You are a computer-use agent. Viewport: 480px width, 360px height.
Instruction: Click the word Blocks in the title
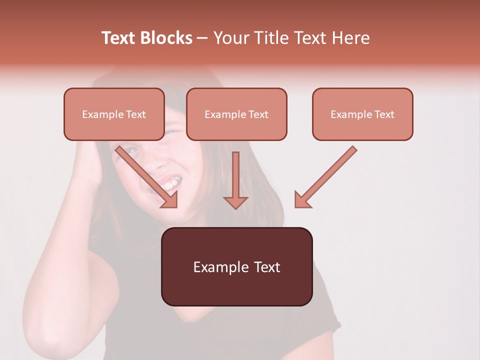[166, 38]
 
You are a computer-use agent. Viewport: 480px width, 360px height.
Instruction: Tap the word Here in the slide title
[351, 38]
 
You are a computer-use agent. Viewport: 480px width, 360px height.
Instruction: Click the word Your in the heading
[231, 38]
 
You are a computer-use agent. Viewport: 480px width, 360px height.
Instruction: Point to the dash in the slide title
[202, 38]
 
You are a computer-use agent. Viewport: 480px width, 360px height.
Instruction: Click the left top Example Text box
[114, 114]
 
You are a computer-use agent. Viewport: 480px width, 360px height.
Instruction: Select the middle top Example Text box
[236, 114]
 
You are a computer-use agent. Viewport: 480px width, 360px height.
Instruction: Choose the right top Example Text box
[362, 114]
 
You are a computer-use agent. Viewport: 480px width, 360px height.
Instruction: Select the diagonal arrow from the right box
[325, 176]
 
